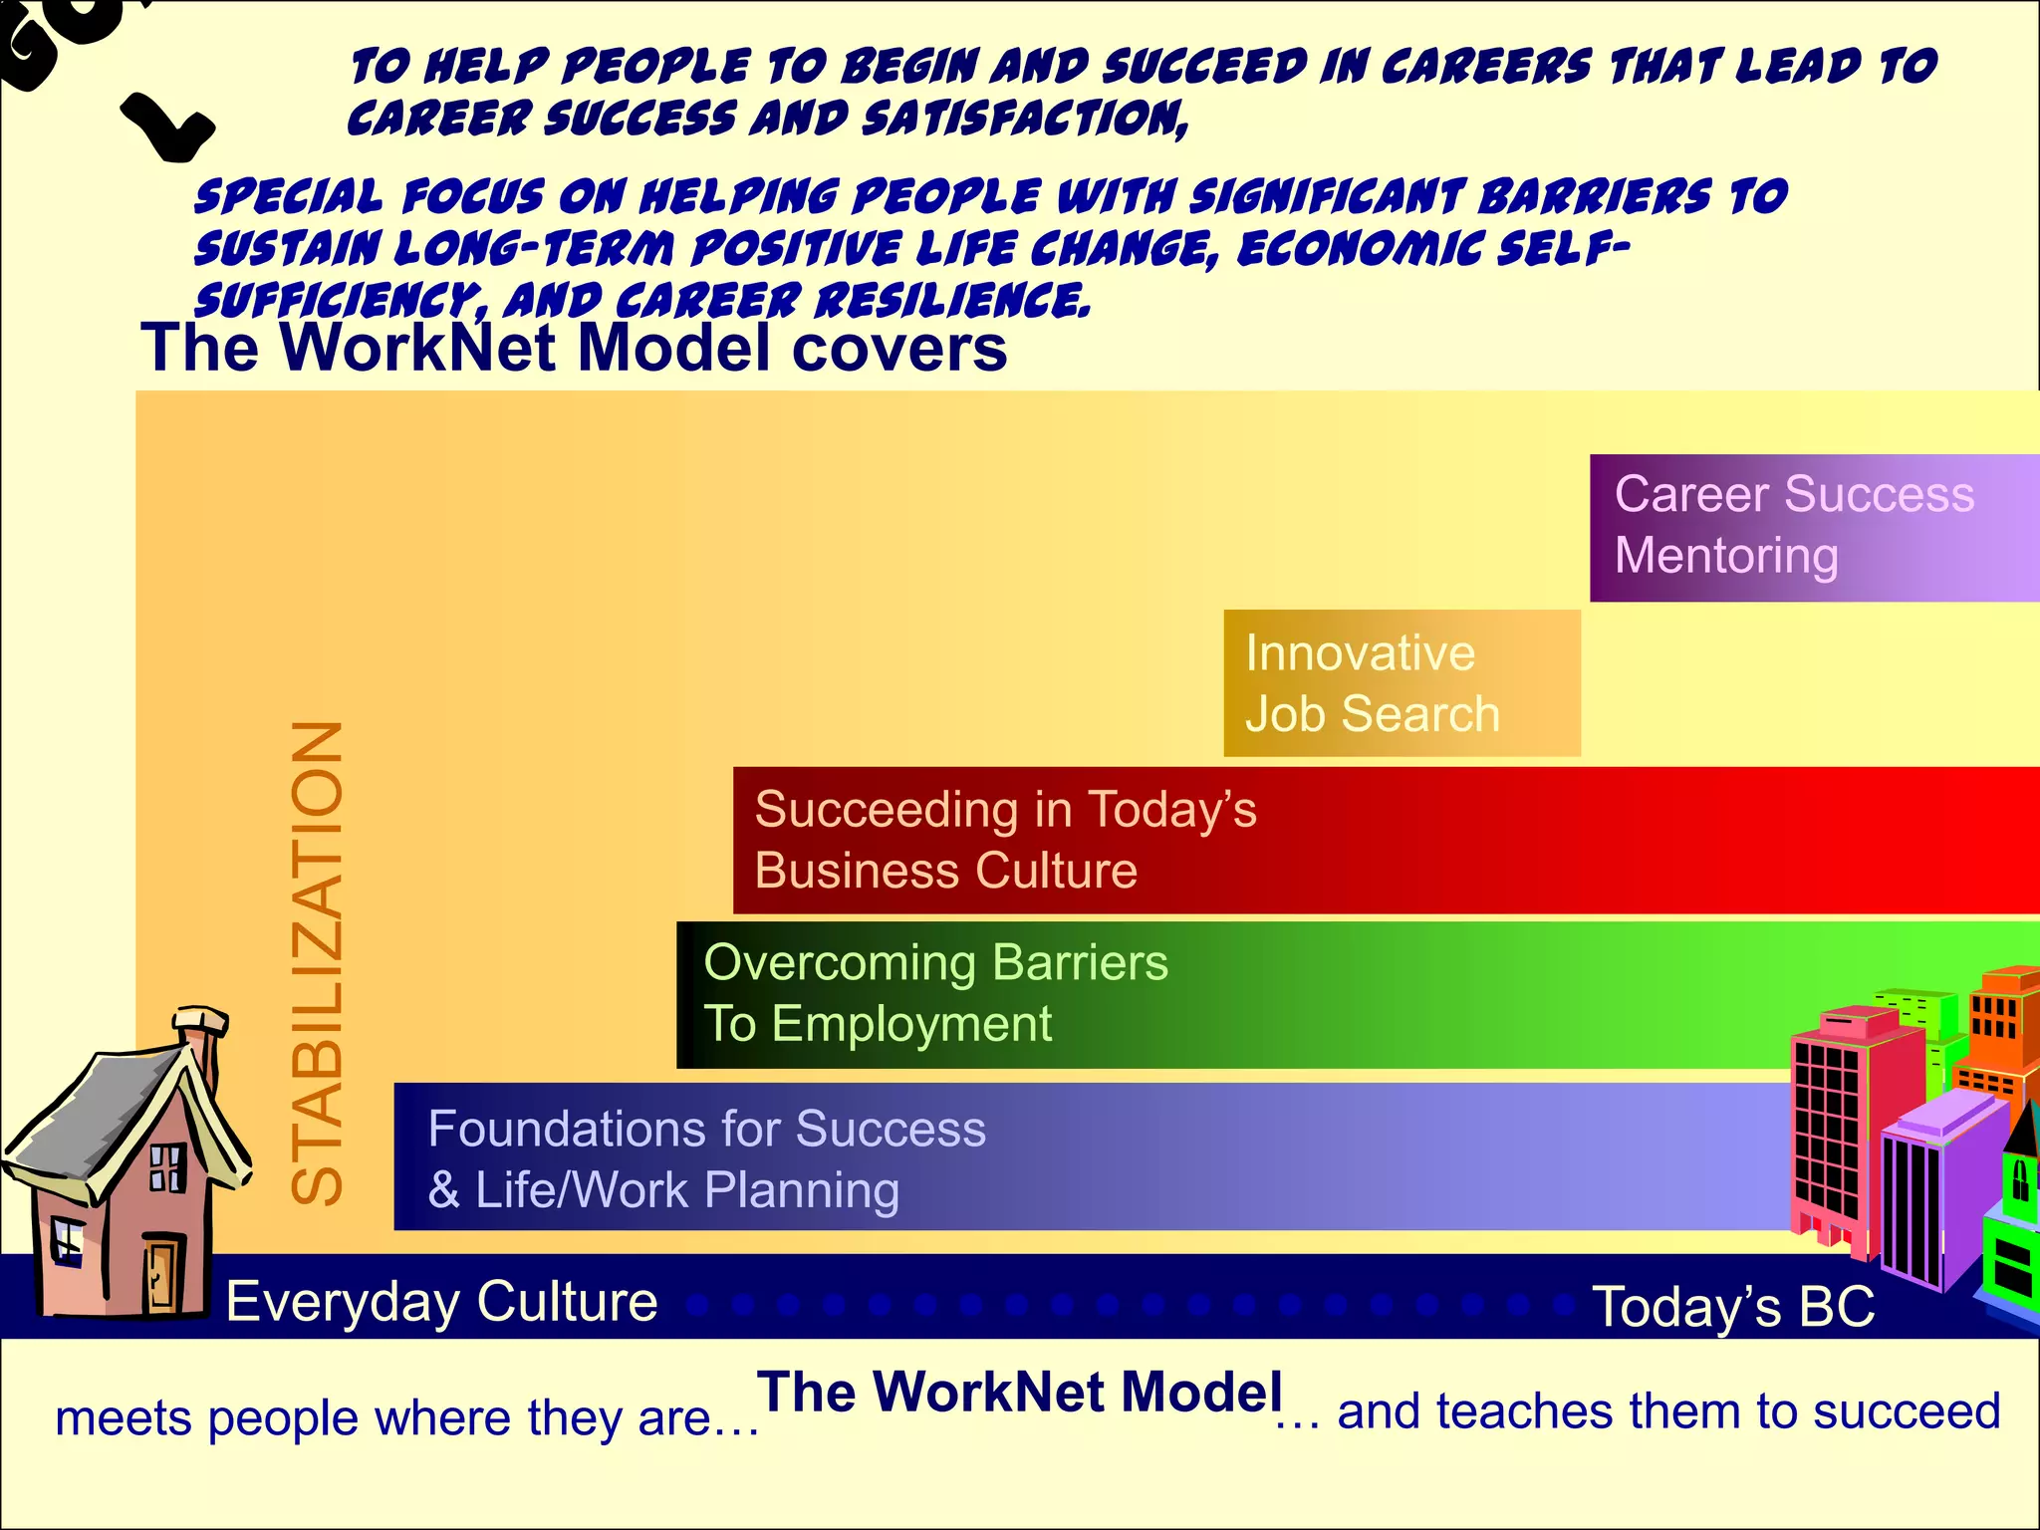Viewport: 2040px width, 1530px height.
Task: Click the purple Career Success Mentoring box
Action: [x=1813, y=527]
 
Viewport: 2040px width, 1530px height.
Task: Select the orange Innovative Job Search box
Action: [x=1401, y=683]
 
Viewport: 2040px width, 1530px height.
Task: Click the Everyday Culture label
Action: [x=441, y=1301]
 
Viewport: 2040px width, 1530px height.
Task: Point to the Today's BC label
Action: [x=1733, y=1306]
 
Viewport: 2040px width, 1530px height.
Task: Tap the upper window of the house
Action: [x=166, y=1167]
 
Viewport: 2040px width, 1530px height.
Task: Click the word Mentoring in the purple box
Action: [x=1726, y=556]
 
